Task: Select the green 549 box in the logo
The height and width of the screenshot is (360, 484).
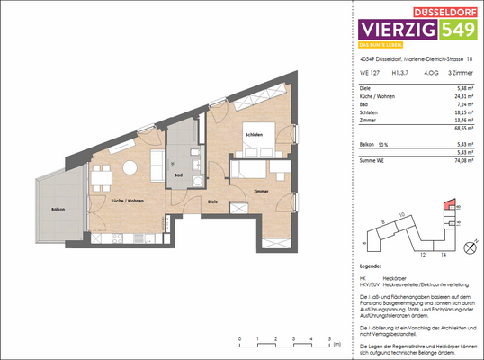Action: click(x=460, y=31)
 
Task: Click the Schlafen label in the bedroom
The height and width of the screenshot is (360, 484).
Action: click(x=254, y=134)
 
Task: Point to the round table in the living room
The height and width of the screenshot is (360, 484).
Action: click(x=130, y=167)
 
